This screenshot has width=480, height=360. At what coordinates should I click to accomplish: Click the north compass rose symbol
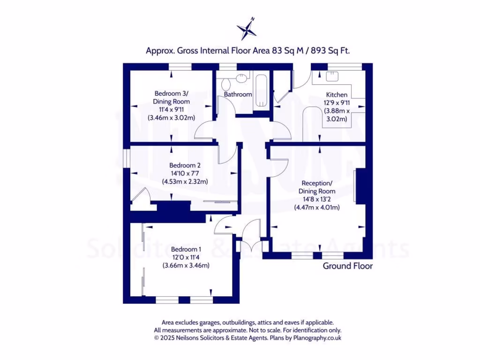click(247, 29)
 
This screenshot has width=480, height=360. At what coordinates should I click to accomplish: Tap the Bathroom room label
click(238, 94)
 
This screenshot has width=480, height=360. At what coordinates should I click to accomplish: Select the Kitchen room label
click(337, 95)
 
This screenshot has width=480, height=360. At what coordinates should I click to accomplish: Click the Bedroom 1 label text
click(186, 249)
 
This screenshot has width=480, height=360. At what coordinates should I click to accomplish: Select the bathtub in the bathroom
click(261, 91)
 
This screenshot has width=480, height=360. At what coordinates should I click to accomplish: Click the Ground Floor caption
click(347, 266)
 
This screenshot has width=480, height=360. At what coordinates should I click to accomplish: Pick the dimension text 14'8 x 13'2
click(317, 199)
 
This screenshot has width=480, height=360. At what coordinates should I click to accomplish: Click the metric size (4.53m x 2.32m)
click(185, 181)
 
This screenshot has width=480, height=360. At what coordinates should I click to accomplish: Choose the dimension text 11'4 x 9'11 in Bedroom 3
click(171, 110)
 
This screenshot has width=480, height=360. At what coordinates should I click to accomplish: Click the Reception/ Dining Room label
click(317, 187)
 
